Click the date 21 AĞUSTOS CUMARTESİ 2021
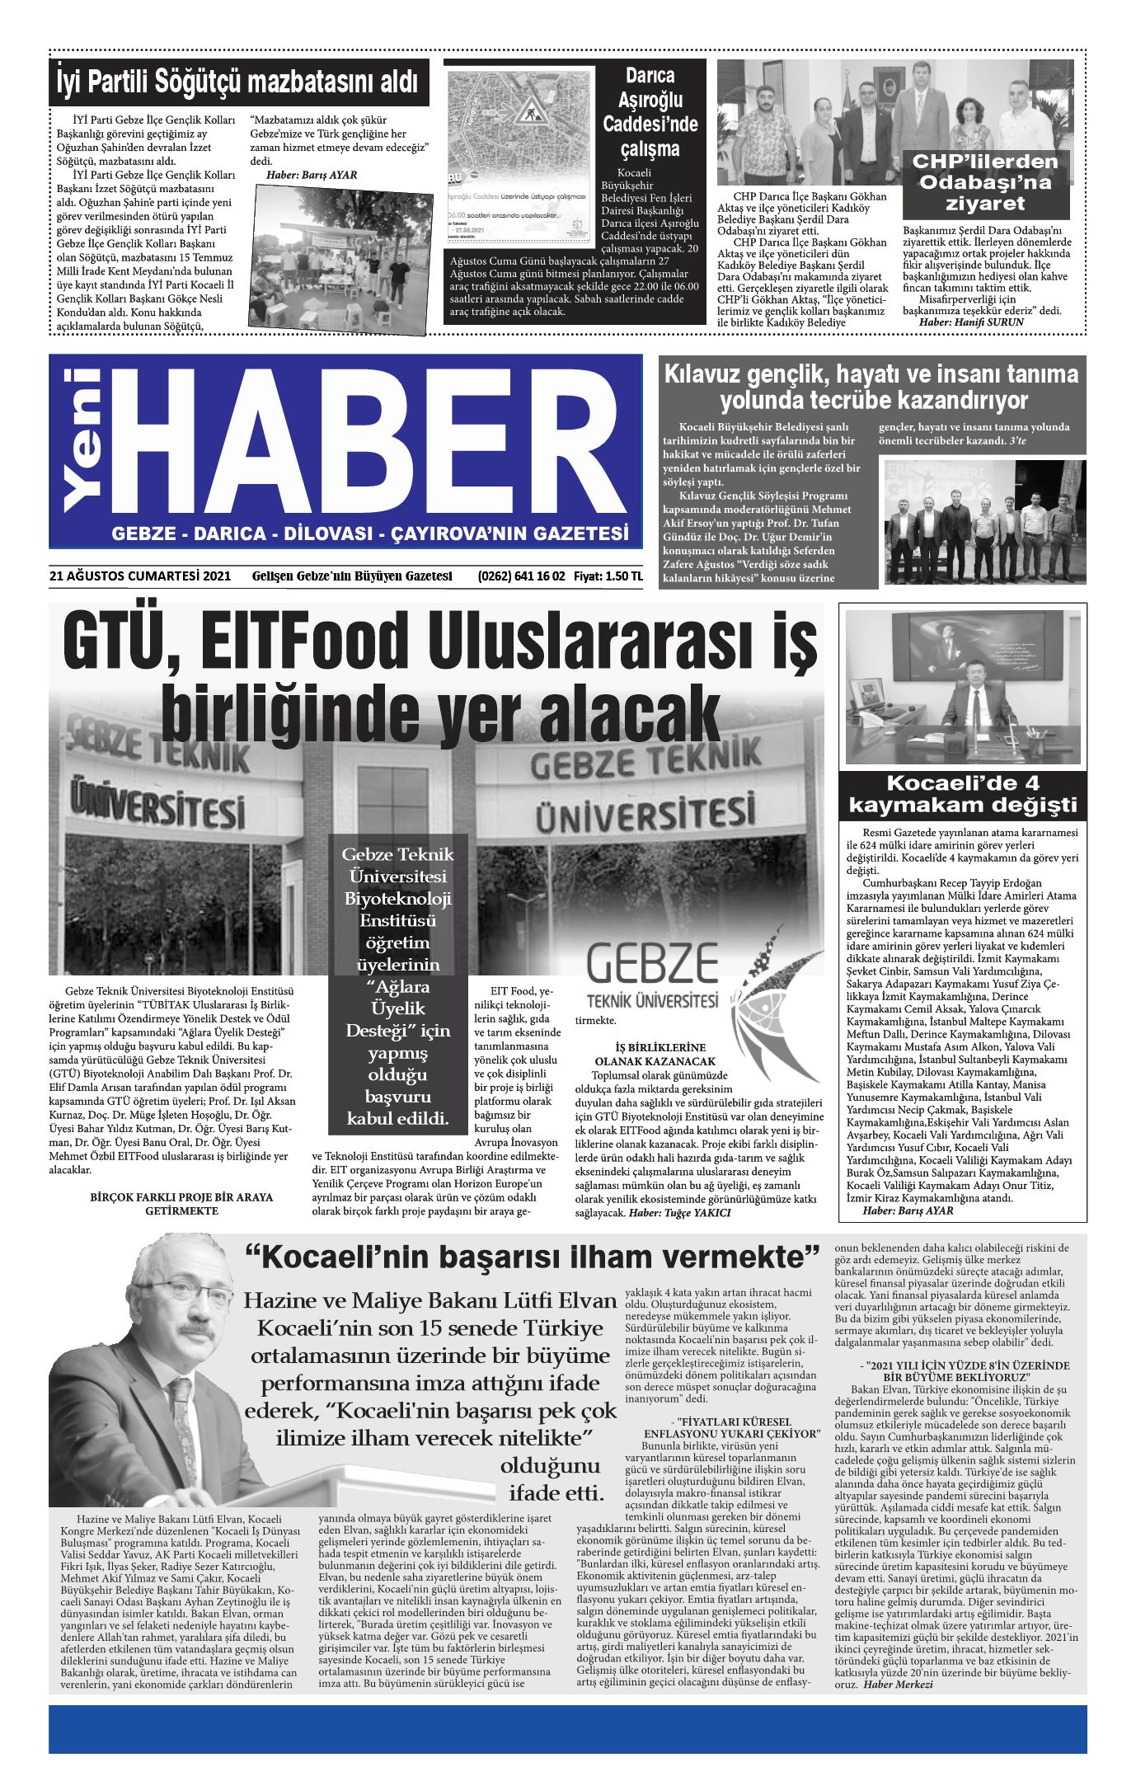coord(140,576)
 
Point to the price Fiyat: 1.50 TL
coord(608,576)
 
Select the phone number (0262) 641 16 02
coord(521,576)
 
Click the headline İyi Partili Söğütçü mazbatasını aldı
coord(238,82)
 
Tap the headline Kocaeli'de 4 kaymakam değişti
coord(962,794)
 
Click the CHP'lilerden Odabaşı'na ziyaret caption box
coord(985,182)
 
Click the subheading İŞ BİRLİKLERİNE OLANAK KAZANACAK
coord(655,1055)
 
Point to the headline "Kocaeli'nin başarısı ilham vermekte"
coord(533,1257)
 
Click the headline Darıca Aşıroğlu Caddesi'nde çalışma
coord(650,112)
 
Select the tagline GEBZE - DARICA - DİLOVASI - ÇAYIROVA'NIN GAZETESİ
coord(370,533)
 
